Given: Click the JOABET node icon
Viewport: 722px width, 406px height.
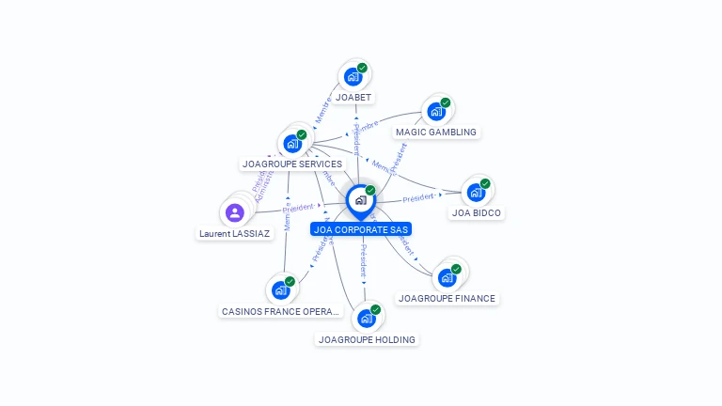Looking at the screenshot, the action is (x=353, y=76).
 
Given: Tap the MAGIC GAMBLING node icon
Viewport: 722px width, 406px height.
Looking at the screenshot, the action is (x=436, y=111).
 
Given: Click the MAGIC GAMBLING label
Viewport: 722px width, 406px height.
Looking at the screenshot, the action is (x=435, y=133).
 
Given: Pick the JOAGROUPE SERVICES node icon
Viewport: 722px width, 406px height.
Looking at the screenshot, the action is (x=293, y=143).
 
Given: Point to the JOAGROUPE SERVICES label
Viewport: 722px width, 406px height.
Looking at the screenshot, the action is (x=292, y=164).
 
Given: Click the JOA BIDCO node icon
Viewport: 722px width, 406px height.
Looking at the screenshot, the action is (x=477, y=193).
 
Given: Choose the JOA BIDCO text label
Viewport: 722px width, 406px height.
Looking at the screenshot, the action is (x=478, y=213).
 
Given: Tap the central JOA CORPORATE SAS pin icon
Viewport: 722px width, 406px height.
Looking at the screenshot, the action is (x=360, y=199).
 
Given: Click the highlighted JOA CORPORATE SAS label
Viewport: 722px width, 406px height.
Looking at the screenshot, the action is (x=361, y=228).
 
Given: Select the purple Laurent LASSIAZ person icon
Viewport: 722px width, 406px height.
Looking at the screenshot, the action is (x=235, y=212).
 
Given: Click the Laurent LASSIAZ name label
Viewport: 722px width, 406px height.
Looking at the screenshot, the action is (x=234, y=233).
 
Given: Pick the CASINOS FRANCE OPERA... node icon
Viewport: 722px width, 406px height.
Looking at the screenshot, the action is (x=280, y=289).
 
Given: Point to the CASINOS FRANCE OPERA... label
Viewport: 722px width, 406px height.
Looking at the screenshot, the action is (x=279, y=311).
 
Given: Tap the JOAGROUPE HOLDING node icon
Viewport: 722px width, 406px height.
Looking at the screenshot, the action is (x=367, y=318).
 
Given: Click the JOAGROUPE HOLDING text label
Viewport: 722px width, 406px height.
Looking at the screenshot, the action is (x=367, y=339).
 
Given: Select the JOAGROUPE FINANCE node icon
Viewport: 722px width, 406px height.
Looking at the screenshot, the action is (x=447, y=277).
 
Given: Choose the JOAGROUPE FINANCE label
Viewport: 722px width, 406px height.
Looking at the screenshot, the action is (x=447, y=298).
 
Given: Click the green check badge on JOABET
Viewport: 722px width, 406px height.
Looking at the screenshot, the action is (x=363, y=68).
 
